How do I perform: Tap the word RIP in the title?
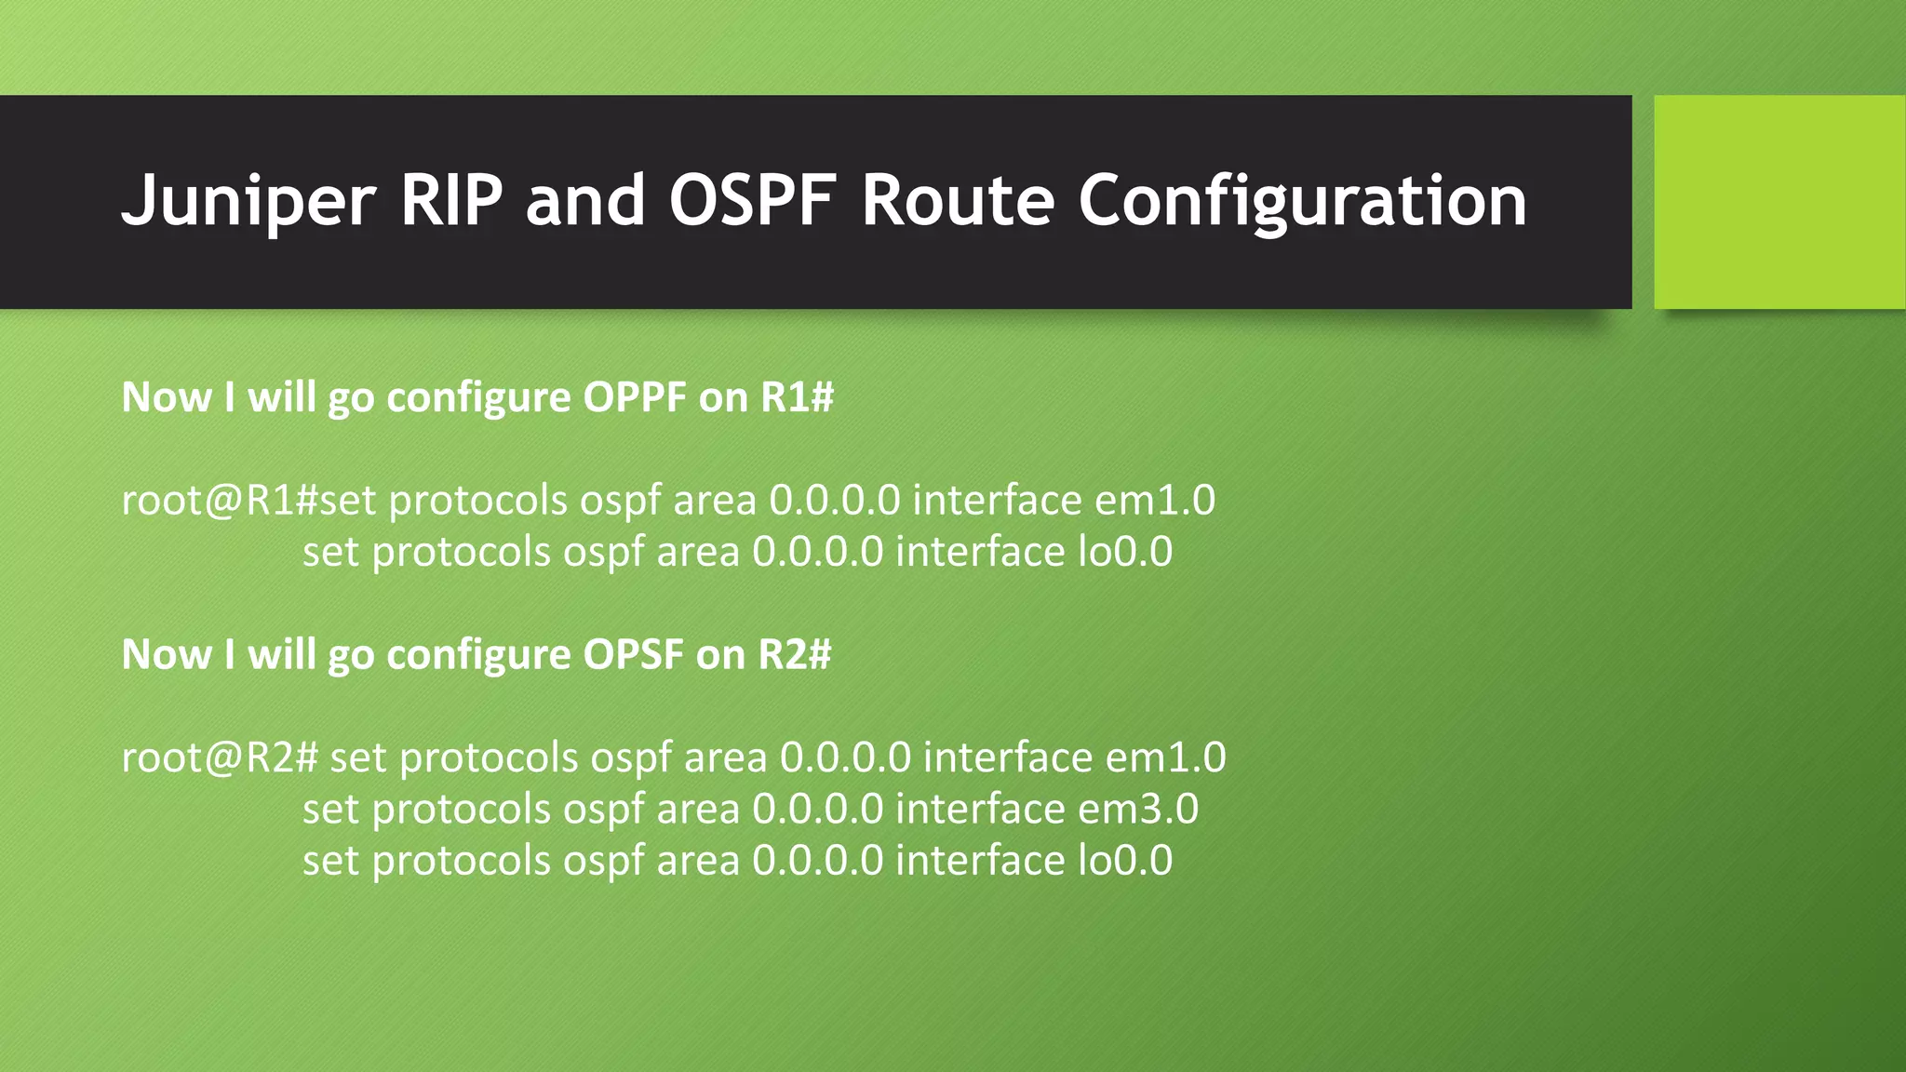450,201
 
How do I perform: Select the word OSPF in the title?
750,201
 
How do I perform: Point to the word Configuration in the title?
1302,201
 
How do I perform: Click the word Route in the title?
958,201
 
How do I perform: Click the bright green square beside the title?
1779,201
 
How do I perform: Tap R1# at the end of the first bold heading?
797,397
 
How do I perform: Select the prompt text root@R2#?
221,757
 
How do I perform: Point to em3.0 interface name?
1137,809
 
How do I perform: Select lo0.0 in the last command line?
1124,860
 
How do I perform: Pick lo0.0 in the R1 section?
1124,552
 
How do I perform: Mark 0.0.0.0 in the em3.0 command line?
817,809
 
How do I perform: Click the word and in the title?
585,201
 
